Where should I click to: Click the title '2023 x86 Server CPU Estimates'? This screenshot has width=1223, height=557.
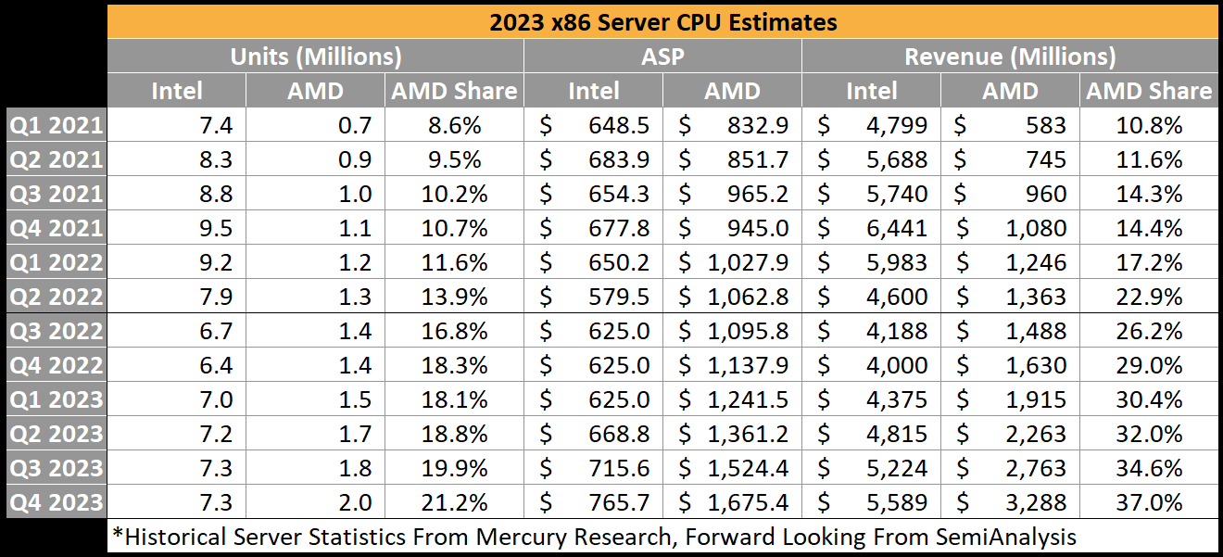tap(662, 21)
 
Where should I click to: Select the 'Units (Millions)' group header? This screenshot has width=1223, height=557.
tap(315, 57)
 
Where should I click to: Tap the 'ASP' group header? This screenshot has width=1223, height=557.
tap(662, 57)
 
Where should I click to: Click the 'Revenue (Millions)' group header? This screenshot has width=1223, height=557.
tap(1010, 57)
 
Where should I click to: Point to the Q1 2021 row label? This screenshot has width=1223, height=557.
tap(56, 125)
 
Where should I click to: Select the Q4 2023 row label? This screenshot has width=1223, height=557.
tap(56, 502)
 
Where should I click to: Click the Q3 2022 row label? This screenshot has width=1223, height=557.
tap(56, 331)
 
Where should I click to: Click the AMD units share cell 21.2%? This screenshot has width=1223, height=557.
tap(453, 502)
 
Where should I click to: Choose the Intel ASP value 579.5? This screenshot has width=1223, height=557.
tap(620, 297)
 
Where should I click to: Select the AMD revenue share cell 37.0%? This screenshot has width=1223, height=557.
tap(1149, 502)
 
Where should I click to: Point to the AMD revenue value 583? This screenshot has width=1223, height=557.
tap(1046, 125)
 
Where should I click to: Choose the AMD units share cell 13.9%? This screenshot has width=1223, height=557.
tap(453, 297)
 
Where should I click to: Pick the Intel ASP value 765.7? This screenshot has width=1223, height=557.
tap(620, 502)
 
